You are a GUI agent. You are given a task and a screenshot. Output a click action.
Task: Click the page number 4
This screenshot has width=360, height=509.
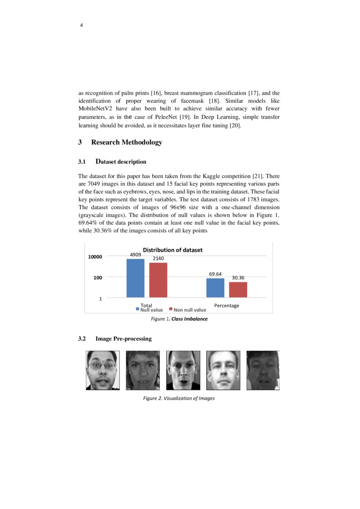pos(81,25)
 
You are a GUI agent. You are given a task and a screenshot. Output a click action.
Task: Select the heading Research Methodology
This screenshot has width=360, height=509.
pos(126,142)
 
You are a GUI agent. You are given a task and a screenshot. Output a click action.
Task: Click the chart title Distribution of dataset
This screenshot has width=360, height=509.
pos(173,250)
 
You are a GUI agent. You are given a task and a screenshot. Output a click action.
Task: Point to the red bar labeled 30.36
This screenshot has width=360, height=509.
pos(238,290)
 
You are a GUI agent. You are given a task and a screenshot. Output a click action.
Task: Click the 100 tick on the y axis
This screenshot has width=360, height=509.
pos(97,277)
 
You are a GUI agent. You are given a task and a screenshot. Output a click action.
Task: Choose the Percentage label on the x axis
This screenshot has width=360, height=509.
pos(226,305)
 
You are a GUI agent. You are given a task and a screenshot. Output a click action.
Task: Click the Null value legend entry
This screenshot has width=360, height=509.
pos(149,310)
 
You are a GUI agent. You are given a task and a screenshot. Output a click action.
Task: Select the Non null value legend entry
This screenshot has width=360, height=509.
pos(188,310)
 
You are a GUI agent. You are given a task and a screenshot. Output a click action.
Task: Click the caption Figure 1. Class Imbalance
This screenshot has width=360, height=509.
pos(179,319)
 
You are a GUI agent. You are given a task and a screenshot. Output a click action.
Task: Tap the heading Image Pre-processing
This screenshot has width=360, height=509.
pos(123,339)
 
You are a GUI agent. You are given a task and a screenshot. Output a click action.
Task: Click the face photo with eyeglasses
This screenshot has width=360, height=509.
pos(102,370)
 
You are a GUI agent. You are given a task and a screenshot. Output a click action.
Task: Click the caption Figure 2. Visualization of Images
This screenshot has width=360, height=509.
pos(179,398)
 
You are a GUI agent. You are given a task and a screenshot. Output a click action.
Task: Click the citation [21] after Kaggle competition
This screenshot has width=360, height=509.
pos(258,176)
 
